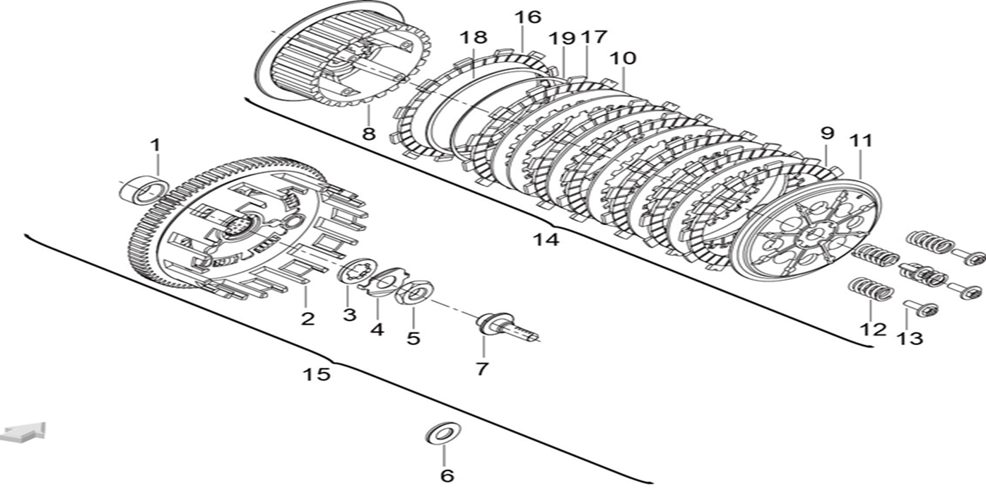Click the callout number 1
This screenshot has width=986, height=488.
click(155, 145)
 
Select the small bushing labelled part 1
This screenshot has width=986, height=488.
click(143, 189)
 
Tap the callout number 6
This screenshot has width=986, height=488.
click(447, 476)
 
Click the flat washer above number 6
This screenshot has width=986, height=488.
click(444, 433)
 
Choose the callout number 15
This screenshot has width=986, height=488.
click(317, 374)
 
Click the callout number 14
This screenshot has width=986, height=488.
click(546, 240)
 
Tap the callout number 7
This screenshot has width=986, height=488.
click(482, 368)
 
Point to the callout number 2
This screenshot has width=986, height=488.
click(307, 319)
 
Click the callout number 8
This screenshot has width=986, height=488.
click(369, 134)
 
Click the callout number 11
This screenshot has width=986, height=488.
click(861, 141)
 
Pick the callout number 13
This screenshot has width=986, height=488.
click(910, 339)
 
